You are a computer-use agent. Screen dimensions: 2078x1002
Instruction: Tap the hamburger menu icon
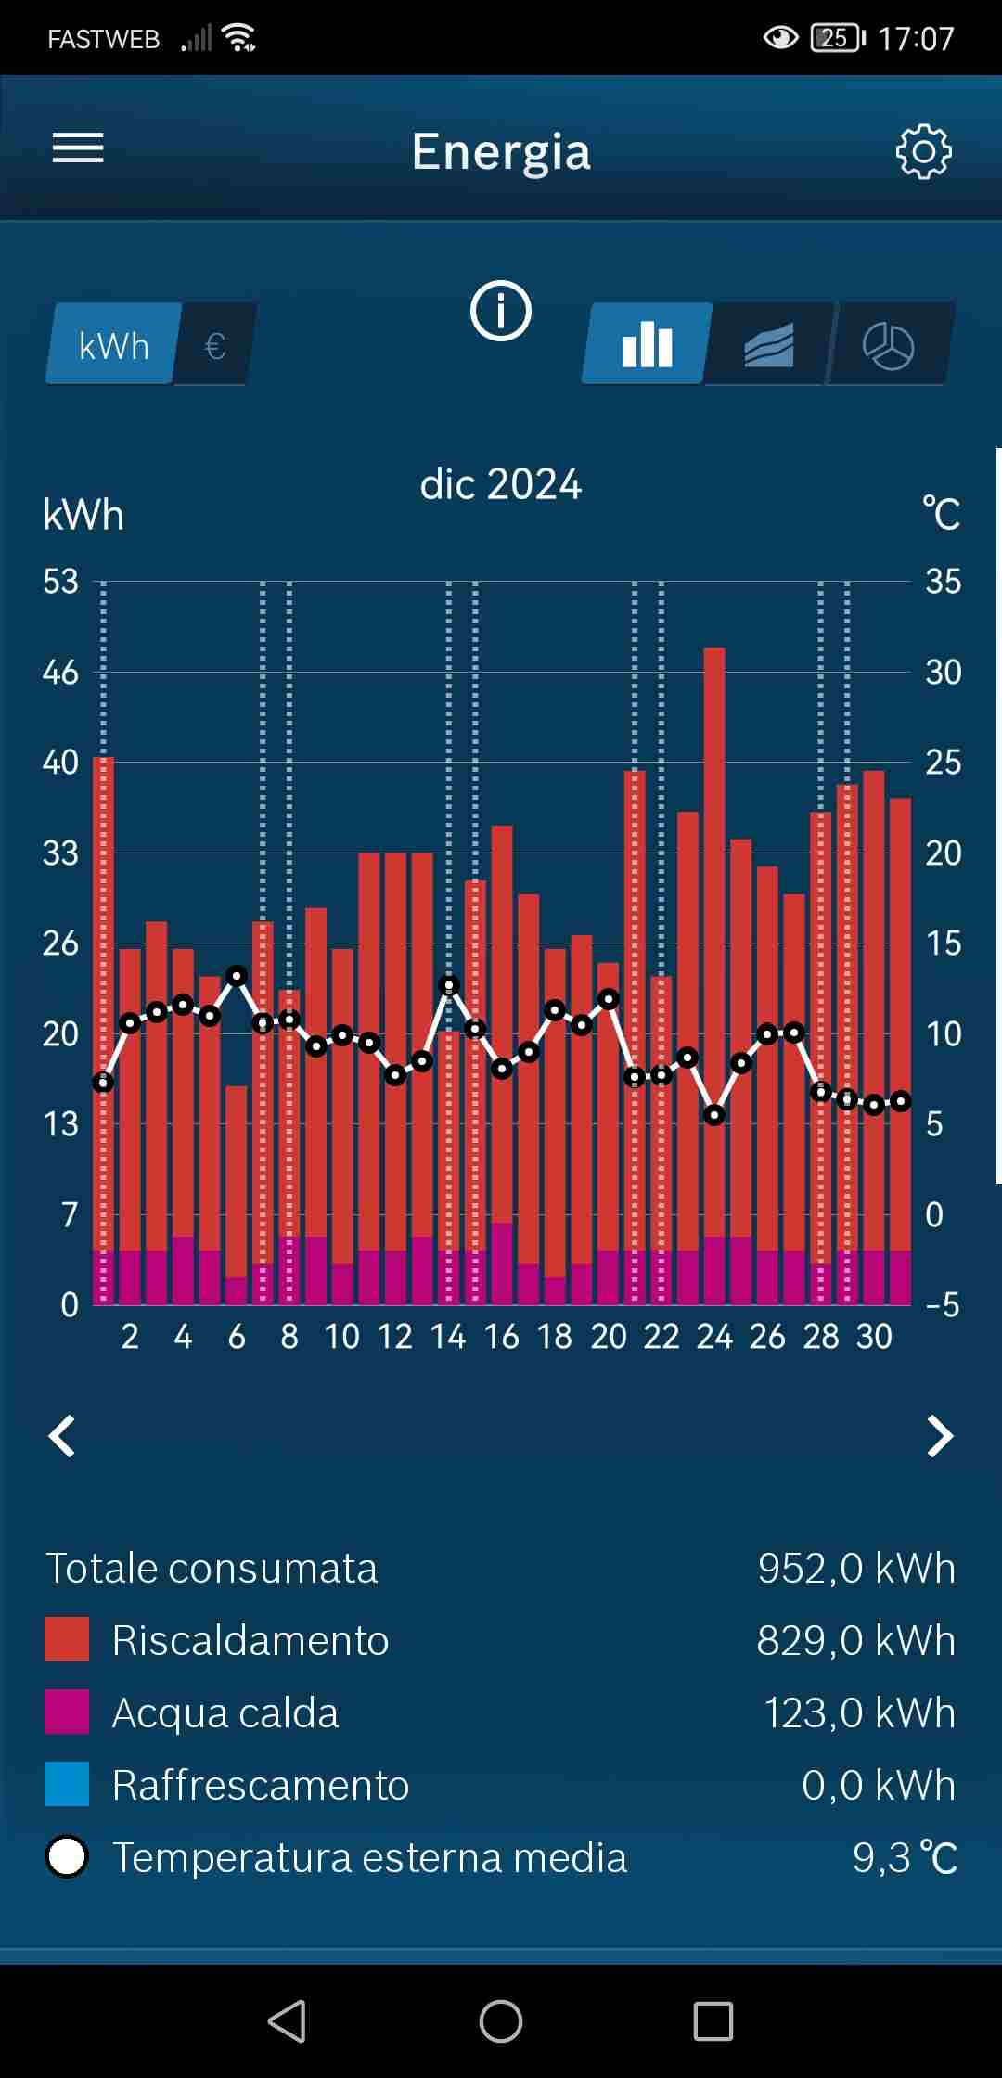point(78,148)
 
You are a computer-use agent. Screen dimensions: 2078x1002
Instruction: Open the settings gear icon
point(923,151)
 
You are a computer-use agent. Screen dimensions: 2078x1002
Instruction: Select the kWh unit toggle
point(113,345)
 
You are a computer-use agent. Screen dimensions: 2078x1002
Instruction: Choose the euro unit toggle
point(215,346)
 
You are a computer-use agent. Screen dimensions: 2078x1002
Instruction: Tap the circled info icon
point(501,311)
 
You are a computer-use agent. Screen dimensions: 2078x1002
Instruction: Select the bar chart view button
point(647,344)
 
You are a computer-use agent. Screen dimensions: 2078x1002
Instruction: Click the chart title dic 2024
point(501,484)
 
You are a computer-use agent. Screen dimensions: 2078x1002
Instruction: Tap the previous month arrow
point(62,1436)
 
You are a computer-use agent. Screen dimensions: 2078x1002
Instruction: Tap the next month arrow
point(940,1436)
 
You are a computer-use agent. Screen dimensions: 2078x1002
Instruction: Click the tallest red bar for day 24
point(714,928)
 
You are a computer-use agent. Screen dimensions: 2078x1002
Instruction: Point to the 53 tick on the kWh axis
point(60,582)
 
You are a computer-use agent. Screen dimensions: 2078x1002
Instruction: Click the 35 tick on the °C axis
point(943,582)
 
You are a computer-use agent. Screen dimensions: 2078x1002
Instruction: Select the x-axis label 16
point(502,1337)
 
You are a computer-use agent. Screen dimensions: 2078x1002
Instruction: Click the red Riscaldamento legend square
point(67,1639)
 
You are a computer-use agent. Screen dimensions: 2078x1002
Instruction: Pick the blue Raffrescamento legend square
point(67,1784)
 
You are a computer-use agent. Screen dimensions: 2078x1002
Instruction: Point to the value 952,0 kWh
point(855,1568)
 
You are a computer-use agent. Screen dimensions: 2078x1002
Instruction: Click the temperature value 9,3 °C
point(904,1857)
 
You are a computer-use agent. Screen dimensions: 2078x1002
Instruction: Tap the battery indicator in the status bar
point(837,38)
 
